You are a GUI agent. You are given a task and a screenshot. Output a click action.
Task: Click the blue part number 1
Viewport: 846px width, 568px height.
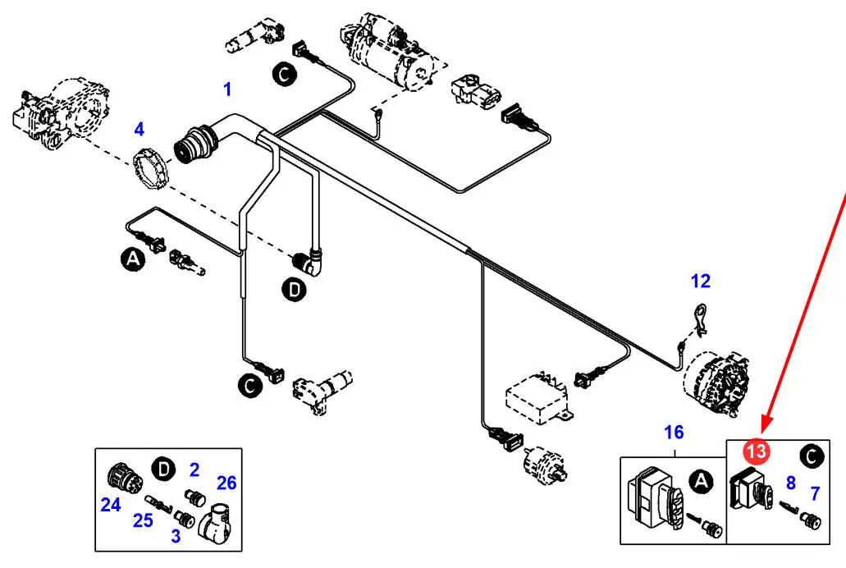click(227, 88)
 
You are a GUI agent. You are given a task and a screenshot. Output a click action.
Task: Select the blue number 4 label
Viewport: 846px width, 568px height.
click(139, 129)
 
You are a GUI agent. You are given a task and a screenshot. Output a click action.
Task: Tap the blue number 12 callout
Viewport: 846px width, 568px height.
click(700, 282)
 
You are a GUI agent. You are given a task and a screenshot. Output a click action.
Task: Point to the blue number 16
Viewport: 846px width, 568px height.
click(674, 433)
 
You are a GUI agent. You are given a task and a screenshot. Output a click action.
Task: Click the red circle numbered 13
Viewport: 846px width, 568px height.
click(756, 451)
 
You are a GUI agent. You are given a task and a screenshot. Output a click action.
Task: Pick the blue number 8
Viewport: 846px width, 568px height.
click(791, 483)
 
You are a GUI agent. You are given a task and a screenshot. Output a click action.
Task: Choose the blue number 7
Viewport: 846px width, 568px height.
click(815, 493)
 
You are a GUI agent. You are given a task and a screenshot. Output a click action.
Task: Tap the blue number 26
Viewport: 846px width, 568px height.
click(226, 483)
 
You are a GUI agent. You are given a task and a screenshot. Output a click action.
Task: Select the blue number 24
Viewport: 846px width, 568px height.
click(111, 506)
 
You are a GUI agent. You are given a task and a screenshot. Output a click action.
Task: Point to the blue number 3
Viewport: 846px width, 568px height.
click(175, 536)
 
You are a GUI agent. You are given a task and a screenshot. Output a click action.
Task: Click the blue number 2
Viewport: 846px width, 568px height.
click(194, 470)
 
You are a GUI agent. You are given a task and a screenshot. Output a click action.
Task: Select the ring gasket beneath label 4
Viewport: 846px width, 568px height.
click(151, 168)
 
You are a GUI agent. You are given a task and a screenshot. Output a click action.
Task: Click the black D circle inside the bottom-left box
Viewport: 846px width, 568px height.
click(165, 469)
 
